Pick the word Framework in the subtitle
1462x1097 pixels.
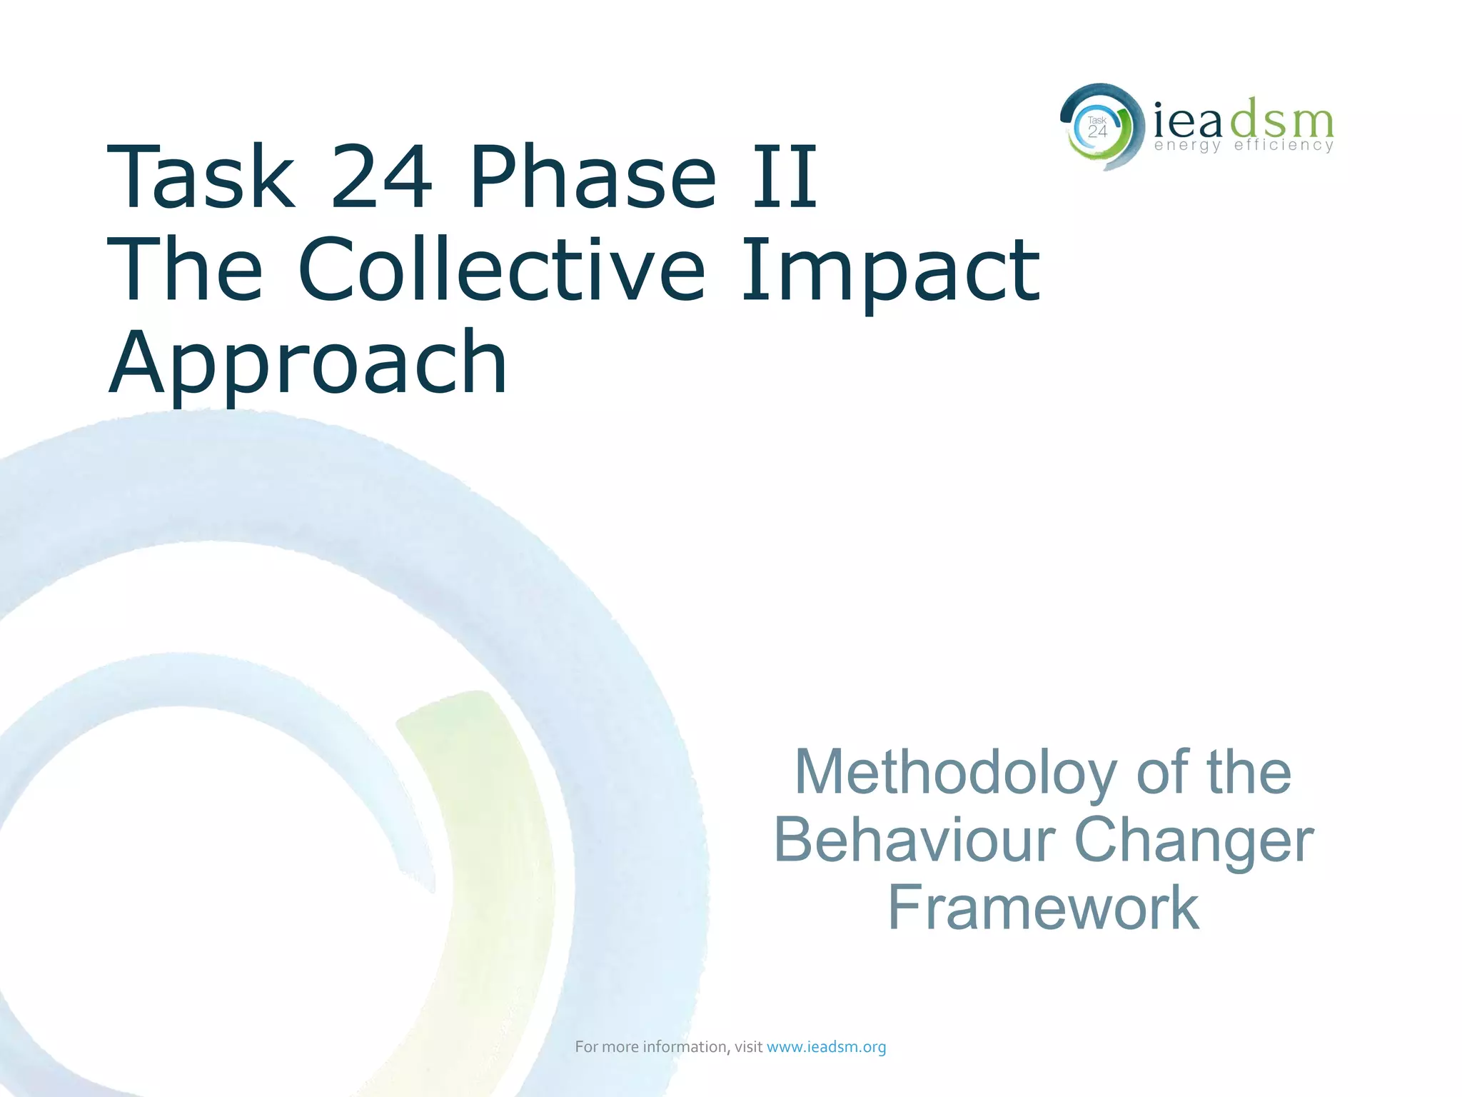[1043, 907]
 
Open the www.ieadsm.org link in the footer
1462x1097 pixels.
[826, 1047]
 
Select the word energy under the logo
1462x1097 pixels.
[1187, 146]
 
